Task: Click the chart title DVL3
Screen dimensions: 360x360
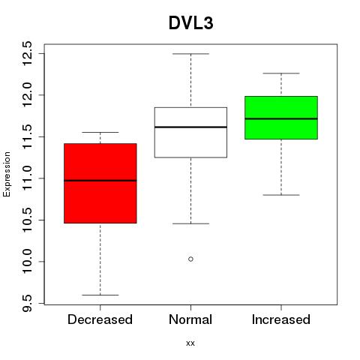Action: (191, 23)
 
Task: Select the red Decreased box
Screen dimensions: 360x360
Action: (100, 183)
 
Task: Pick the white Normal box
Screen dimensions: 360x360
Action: (190, 133)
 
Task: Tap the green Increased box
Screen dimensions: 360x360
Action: (281, 118)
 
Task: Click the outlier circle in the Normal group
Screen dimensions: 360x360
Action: (190, 259)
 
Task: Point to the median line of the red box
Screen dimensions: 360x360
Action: (100, 181)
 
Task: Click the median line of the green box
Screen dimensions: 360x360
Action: (281, 118)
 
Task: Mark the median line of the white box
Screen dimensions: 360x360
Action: (190, 127)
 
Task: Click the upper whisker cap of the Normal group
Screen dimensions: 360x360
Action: (190, 54)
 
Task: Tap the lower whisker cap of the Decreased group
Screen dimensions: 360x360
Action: (100, 295)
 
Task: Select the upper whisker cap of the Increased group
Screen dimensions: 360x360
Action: (281, 73)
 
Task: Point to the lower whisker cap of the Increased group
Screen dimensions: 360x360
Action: (281, 195)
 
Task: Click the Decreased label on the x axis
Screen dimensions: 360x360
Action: (100, 319)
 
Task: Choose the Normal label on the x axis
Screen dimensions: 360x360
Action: (190, 319)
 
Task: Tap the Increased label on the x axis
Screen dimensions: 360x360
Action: (281, 319)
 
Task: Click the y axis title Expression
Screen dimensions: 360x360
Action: (7, 174)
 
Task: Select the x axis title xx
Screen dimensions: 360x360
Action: (190, 343)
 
